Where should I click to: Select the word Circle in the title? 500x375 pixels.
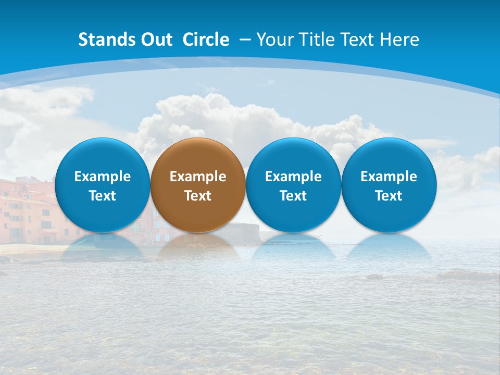point(206,40)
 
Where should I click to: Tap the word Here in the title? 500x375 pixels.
point(399,40)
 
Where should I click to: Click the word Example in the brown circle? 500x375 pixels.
point(198,177)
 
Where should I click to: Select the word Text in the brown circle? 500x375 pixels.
point(198,196)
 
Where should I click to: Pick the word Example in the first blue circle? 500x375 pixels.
point(103,177)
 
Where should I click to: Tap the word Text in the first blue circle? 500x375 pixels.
point(103,196)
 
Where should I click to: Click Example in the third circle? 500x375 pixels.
point(293,177)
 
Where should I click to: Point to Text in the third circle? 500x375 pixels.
point(293,196)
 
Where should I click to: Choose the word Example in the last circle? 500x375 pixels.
point(389,177)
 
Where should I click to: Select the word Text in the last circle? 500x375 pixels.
point(389,196)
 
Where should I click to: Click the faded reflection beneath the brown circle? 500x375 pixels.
point(198,247)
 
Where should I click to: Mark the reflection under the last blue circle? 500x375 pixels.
point(389,247)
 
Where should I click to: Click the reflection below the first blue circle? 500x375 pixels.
point(103,247)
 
